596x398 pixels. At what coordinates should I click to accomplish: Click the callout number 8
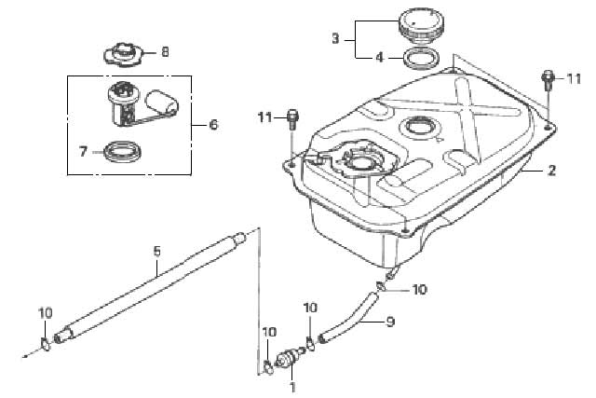click(165, 51)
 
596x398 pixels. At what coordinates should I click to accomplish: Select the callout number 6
click(214, 124)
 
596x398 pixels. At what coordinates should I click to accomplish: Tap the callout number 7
click(84, 151)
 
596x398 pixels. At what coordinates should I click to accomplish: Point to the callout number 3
click(335, 39)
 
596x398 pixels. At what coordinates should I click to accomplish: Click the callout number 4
click(380, 58)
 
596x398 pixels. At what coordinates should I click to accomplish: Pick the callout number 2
click(552, 170)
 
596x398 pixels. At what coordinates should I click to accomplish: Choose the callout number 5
click(157, 252)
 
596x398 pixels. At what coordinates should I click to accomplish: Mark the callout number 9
click(390, 322)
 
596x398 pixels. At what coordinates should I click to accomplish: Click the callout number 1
click(292, 388)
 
